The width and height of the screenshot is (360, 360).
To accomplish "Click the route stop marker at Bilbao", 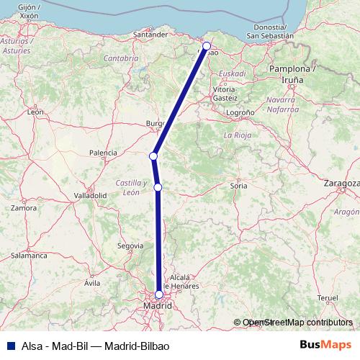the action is [x=207, y=45].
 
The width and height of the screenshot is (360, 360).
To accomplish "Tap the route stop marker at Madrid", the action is [x=159, y=294].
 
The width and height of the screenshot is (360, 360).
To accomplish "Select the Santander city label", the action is [x=151, y=34].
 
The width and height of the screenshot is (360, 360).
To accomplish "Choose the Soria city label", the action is [x=238, y=186].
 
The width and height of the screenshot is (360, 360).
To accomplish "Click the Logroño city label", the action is [x=240, y=113].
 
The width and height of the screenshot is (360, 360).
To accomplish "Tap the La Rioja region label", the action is [x=237, y=135].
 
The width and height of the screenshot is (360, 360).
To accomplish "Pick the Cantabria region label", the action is [x=120, y=57].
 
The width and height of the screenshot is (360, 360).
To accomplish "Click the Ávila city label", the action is [x=91, y=283].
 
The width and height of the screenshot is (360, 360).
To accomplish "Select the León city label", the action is [x=35, y=112].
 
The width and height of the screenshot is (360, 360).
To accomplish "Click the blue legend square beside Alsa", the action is [x=8, y=345].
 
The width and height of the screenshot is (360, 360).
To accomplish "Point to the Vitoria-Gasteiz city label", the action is [x=225, y=93].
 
